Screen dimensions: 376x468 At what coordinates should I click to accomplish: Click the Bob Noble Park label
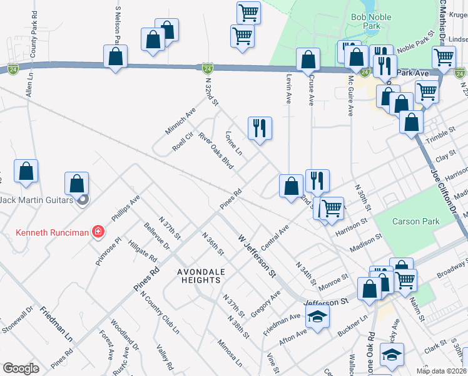pos(366,23)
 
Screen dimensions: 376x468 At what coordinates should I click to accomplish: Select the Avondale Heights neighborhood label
pos(198,276)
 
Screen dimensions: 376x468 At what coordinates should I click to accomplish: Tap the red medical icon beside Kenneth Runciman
pos(98,232)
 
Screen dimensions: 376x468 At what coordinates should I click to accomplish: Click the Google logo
pos(21,368)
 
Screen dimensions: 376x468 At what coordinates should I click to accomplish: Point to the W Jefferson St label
pos(257,256)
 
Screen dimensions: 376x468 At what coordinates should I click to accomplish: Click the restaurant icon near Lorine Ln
pos(258,128)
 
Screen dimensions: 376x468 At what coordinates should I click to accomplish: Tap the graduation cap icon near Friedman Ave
pos(317,317)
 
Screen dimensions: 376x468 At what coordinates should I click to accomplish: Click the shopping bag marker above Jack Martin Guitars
pos(76,184)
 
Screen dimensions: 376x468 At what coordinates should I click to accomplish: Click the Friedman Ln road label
pos(56,324)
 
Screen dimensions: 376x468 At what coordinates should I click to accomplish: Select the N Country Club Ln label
pos(160,311)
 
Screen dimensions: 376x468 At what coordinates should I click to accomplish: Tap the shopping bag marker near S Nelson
pos(116,56)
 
